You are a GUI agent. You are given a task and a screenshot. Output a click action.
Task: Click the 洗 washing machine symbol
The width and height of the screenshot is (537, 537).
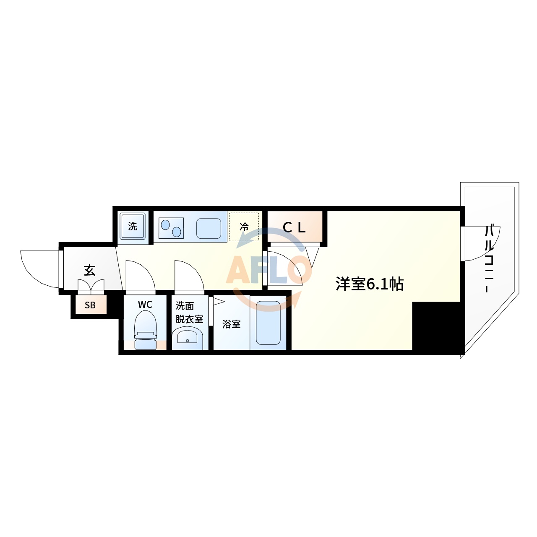133,227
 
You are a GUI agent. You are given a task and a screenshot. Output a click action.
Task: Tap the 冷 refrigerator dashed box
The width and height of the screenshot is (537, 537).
244,227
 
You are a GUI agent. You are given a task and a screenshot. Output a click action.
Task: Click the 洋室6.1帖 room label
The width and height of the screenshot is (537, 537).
369,284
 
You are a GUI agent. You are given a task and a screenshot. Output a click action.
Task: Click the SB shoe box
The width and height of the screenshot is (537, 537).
90,305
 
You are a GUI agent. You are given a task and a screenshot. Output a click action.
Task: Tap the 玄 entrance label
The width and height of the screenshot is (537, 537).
89,270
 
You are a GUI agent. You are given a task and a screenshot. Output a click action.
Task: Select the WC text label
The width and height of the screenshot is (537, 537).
145,305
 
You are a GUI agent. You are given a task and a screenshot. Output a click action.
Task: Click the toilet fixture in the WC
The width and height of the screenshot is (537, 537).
145,331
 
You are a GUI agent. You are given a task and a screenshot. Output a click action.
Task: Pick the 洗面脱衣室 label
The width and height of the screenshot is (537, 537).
189,313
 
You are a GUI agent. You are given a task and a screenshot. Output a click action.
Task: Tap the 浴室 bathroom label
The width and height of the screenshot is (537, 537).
231,324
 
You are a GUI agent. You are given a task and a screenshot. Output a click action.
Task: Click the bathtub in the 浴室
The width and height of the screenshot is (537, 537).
268,323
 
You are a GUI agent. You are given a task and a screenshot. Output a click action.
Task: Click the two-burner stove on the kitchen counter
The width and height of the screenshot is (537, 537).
171,228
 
